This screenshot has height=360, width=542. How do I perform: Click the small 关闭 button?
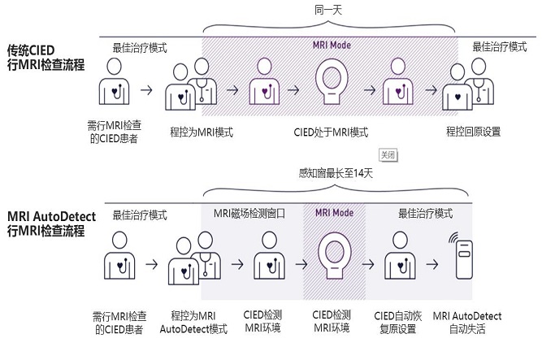coord(388,154)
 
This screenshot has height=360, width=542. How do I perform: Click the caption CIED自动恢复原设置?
coord(400,322)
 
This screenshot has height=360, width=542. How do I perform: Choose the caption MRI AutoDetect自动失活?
coord(467,322)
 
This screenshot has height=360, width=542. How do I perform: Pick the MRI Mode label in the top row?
coord(332,46)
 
